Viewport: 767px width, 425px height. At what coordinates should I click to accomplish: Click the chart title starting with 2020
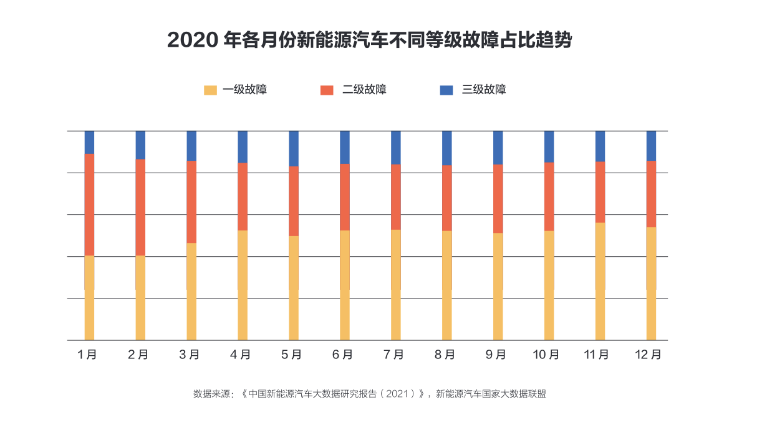[369, 41]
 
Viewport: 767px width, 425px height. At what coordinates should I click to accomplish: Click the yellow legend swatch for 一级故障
[210, 90]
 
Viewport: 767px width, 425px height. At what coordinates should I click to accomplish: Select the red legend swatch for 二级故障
[327, 90]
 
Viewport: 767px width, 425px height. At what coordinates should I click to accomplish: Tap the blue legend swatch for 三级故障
[446, 90]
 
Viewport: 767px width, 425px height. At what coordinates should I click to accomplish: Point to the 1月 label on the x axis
[87, 355]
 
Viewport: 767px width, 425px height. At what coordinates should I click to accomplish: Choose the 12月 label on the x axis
[649, 355]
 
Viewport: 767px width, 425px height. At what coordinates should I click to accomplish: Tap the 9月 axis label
[496, 355]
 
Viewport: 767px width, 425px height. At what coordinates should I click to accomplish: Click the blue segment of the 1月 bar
[89, 142]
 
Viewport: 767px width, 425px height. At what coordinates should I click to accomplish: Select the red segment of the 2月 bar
[140, 207]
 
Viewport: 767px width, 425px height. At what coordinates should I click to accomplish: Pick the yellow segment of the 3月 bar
[191, 291]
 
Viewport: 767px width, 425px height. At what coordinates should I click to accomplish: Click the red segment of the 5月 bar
[294, 201]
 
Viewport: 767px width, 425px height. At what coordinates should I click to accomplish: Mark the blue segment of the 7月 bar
[396, 147]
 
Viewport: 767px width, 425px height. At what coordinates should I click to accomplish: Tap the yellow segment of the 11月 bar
[600, 281]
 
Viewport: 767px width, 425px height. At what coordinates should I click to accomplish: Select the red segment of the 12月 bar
[651, 193]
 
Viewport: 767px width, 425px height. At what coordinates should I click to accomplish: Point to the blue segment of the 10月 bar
[549, 146]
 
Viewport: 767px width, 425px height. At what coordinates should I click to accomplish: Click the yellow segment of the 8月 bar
[446, 285]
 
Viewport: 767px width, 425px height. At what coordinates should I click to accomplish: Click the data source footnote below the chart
[369, 394]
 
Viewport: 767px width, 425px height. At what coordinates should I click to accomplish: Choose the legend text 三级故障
[484, 90]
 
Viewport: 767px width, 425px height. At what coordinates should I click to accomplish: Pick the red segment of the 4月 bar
[243, 196]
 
